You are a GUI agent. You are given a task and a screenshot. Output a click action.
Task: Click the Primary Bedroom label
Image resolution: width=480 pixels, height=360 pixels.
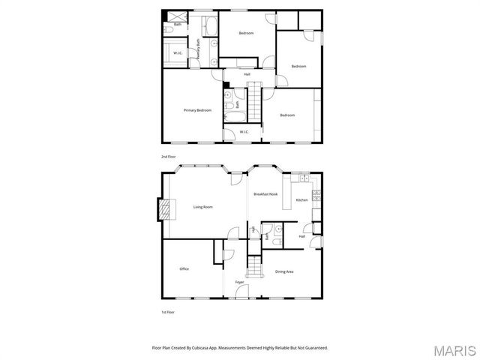(197, 110)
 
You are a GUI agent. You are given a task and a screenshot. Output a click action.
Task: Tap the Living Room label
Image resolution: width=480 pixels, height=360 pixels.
(202, 207)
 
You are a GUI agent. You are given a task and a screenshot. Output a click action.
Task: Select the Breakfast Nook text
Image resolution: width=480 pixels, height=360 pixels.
(265, 194)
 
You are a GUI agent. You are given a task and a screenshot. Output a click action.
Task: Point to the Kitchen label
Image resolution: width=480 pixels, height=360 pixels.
(301, 200)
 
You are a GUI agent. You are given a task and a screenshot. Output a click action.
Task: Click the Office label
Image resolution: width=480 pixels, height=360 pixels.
(184, 268)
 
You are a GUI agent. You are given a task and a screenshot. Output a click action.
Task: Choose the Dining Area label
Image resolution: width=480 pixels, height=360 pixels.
(284, 271)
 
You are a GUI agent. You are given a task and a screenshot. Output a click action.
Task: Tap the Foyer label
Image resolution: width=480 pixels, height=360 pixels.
(239, 282)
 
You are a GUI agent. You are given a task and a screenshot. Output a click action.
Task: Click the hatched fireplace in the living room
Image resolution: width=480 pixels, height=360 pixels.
(163, 210)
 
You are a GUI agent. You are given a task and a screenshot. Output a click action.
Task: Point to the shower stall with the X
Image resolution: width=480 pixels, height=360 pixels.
(178, 16)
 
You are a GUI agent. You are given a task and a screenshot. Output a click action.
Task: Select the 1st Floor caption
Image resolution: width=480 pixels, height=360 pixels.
(168, 311)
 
